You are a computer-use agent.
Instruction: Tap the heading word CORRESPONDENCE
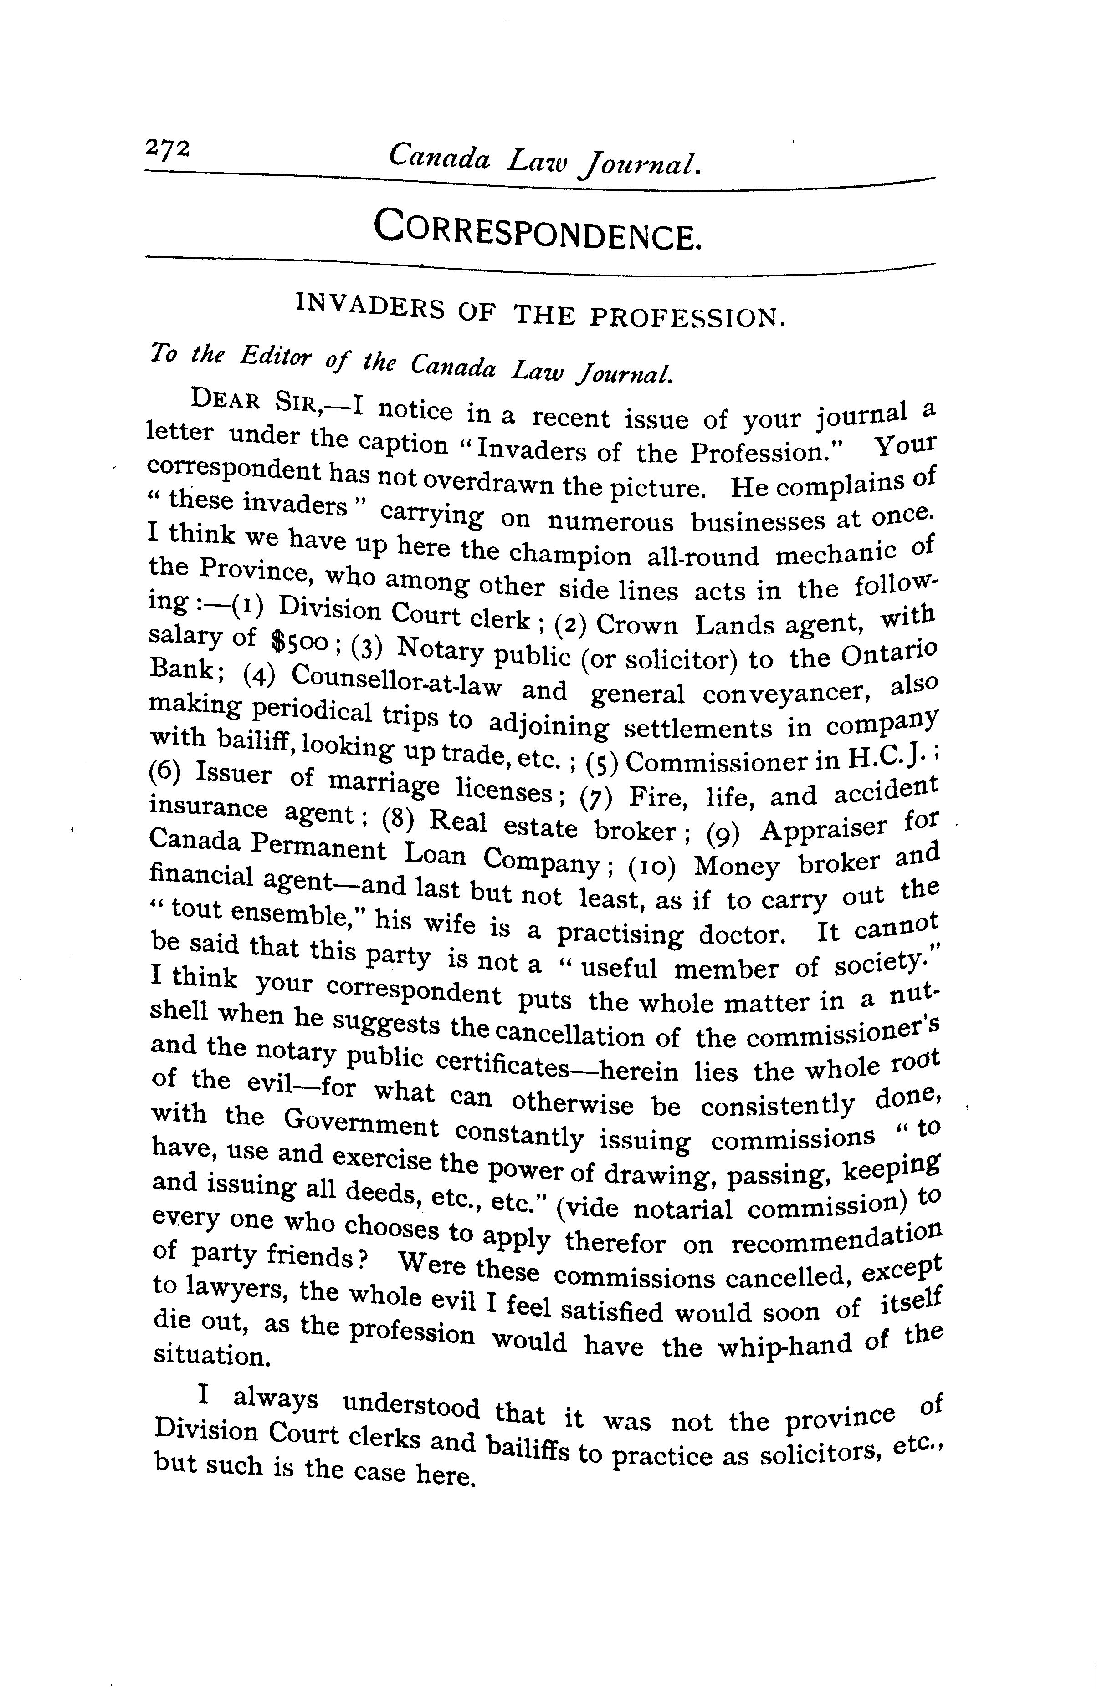click(x=537, y=229)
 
